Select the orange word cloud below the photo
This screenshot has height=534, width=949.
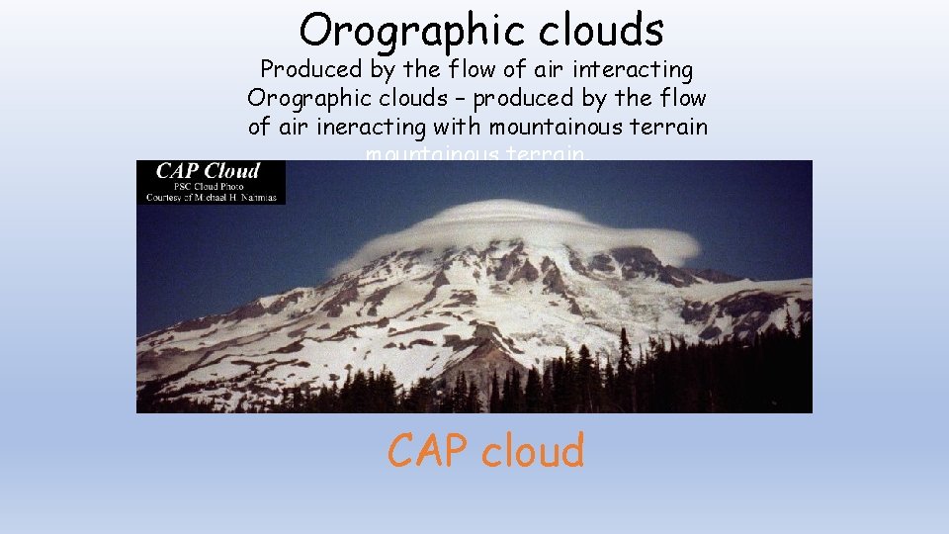[x=534, y=451]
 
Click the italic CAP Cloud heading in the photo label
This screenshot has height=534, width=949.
[x=208, y=170]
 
